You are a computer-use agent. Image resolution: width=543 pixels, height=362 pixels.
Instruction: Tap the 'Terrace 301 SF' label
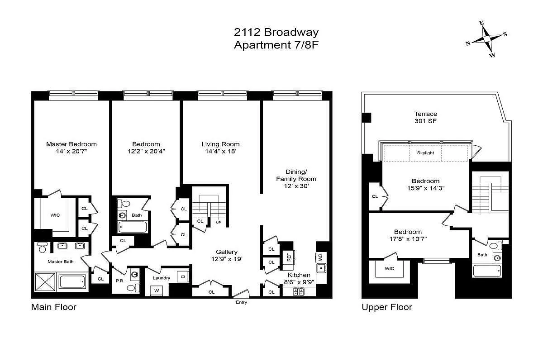click(425, 118)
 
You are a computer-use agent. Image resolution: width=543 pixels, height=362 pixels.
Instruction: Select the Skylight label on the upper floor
click(425, 153)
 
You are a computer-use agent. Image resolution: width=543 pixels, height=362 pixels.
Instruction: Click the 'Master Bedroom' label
click(71, 144)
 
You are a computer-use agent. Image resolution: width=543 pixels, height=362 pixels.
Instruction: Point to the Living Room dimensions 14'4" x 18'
click(220, 152)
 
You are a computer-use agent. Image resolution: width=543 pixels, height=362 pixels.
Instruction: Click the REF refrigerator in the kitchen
click(288, 257)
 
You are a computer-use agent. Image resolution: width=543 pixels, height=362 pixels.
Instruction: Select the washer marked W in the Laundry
click(157, 290)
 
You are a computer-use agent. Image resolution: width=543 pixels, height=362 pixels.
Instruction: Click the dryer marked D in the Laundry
click(182, 276)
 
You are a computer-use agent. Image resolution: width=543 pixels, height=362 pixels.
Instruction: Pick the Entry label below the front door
click(241, 302)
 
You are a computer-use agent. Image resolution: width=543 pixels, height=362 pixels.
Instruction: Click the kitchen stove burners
click(299, 291)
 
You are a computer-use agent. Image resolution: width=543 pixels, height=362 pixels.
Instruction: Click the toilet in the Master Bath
click(42, 248)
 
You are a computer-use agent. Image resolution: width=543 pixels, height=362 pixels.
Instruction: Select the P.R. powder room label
click(120, 281)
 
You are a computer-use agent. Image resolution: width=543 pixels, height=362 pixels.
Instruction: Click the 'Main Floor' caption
click(53, 307)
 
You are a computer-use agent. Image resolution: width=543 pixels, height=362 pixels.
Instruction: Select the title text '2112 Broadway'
click(276, 32)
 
